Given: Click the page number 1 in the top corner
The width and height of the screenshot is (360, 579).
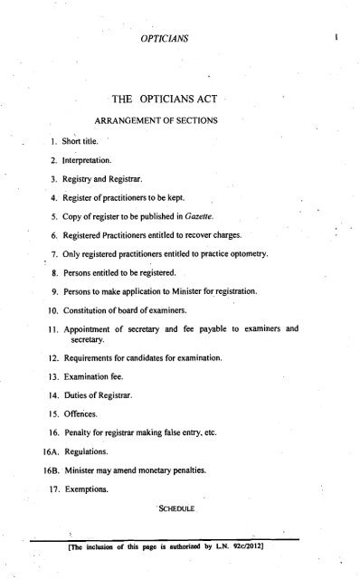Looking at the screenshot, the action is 336,40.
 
